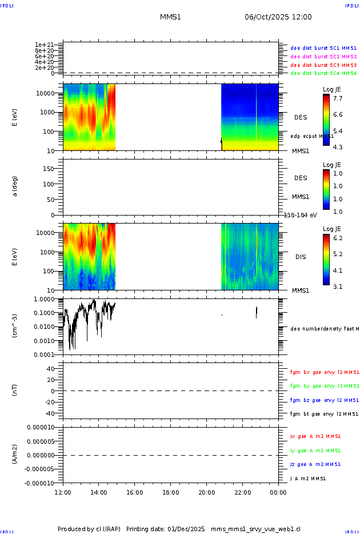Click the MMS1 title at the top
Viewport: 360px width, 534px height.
click(x=170, y=17)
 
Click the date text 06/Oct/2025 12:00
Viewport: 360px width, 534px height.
click(x=278, y=17)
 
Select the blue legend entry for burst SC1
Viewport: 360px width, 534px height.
click(x=323, y=49)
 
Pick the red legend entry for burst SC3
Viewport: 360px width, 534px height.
click(x=323, y=65)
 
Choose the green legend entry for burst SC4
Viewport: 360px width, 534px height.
click(x=323, y=73)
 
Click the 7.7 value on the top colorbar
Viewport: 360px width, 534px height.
click(x=338, y=98)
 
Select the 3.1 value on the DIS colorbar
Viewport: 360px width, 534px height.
click(x=338, y=286)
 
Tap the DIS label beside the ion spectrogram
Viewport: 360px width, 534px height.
click(x=301, y=257)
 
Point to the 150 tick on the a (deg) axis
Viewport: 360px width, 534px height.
click(x=53, y=169)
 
